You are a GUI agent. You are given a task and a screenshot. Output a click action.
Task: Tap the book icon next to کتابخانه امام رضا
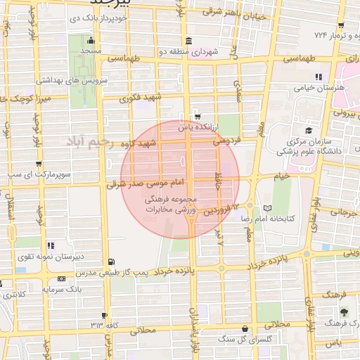[x=266, y=208]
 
